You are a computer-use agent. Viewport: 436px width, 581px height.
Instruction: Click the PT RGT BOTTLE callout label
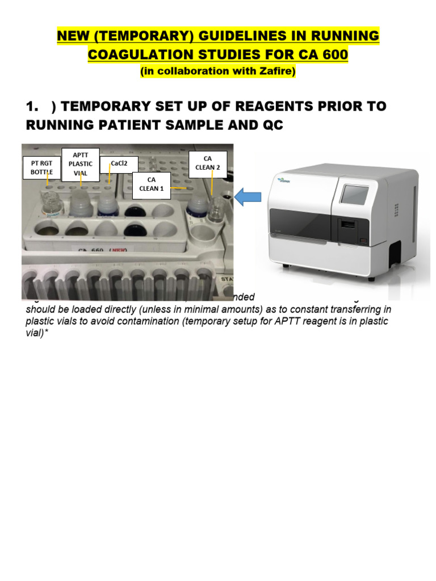click(x=41, y=167)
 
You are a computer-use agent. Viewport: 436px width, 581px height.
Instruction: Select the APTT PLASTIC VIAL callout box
click(x=80, y=163)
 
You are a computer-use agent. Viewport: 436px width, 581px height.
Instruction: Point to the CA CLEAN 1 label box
click(x=152, y=184)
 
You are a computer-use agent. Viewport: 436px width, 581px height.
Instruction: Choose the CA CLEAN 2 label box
click(x=208, y=163)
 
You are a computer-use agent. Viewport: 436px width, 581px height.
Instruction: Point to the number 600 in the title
click(x=332, y=55)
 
